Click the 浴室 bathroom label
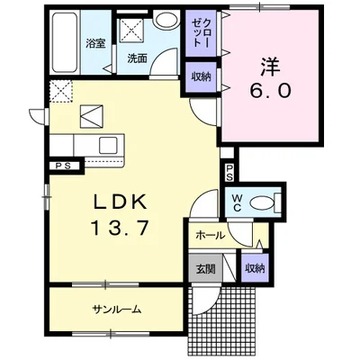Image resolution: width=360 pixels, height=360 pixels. (x=95, y=44)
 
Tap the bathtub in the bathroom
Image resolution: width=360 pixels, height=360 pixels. (x=64, y=42)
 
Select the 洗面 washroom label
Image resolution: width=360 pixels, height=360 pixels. (x=137, y=58)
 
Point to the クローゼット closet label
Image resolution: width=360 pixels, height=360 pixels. (x=201, y=32)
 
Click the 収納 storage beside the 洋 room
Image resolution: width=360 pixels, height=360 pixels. (x=202, y=77)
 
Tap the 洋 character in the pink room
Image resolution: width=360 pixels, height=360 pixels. (x=270, y=67)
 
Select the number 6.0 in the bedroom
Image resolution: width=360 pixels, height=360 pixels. (x=271, y=90)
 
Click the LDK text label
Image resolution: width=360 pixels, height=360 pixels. (x=121, y=202)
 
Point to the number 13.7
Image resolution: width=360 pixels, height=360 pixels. (x=121, y=227)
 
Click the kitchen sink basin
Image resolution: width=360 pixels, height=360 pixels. (x=109, y=145)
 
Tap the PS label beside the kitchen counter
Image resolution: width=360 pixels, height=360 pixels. (x=64, y=166)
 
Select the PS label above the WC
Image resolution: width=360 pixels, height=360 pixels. (x=229, y=173)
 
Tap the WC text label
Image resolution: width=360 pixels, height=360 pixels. (x=237, y=203)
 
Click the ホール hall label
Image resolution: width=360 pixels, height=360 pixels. (x=210, y=235)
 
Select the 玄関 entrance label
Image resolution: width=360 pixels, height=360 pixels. (x=206, y=269)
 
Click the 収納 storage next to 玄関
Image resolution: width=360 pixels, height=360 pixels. (x=255, y=268)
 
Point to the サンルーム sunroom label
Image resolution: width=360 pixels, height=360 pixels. (x=117, y=309)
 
